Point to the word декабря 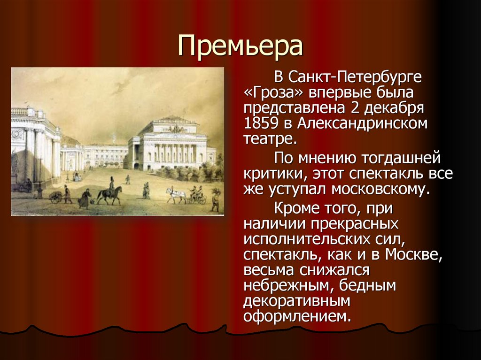[401, 108]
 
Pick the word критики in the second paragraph [271, 174]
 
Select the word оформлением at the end [297, 315]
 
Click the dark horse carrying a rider [109, 194]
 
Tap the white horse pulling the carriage [176, 193]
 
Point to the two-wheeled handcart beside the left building [56, 197]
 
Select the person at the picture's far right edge [216, 199]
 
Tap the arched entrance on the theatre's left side [136, 165]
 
